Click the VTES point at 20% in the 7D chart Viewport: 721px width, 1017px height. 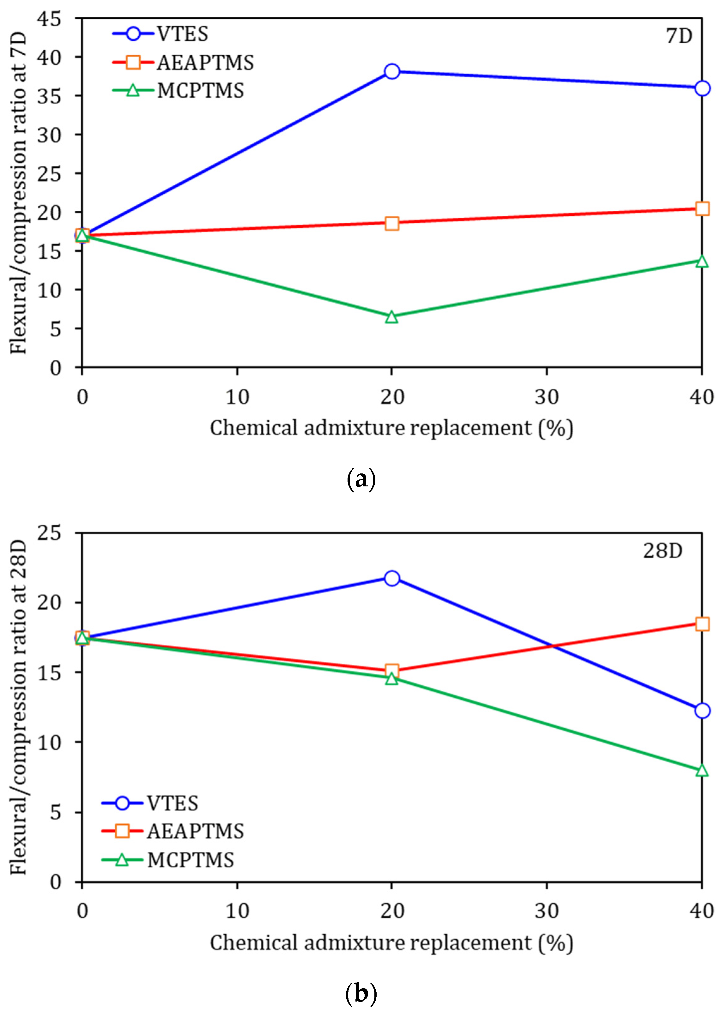(x=391, y=71)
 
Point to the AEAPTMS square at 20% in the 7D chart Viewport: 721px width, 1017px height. (x=391, y=223)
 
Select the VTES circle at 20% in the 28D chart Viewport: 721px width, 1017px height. (x=391, y=578)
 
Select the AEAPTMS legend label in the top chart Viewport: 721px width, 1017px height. (x=205, y=63)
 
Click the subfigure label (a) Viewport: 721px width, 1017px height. (x=360, y=479)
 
